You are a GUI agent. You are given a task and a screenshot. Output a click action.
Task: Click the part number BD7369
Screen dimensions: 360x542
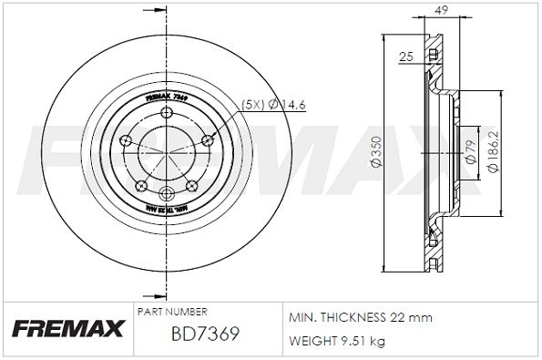pos(205,334)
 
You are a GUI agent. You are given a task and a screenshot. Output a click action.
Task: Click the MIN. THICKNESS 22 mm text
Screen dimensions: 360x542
pos(361,317)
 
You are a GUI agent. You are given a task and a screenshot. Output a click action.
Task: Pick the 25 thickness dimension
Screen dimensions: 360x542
pos(406,57)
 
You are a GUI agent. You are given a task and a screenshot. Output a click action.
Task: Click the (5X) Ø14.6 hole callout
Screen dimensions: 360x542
pos(273,106)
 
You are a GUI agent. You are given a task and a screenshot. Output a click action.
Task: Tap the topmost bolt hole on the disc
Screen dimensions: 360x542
pos(167,112)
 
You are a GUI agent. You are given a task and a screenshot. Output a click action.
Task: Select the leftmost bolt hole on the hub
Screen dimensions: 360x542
pos(127,140)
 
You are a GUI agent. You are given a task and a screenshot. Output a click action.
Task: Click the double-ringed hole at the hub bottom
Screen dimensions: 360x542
pos(167,194)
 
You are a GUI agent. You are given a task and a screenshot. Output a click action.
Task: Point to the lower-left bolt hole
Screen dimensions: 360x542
pos(140,185)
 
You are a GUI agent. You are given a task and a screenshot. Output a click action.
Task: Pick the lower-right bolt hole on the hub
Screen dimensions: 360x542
pos(192,185)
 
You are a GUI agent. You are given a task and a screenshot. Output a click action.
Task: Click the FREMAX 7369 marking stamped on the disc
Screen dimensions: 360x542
pos(168,96)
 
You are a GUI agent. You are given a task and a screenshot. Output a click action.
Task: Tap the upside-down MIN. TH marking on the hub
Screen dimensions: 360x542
pos(167,211)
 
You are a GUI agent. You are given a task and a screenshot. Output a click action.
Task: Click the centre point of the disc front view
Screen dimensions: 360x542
pos(167,153)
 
